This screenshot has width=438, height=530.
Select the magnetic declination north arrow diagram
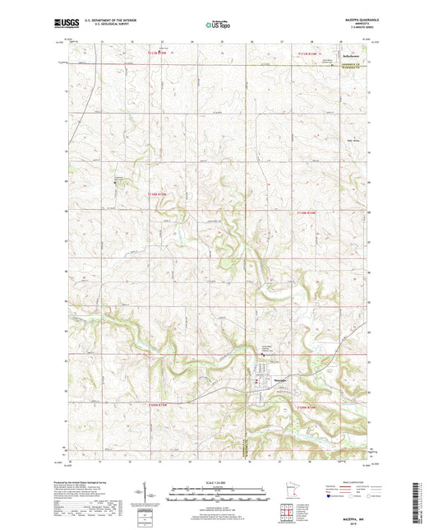154,496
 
